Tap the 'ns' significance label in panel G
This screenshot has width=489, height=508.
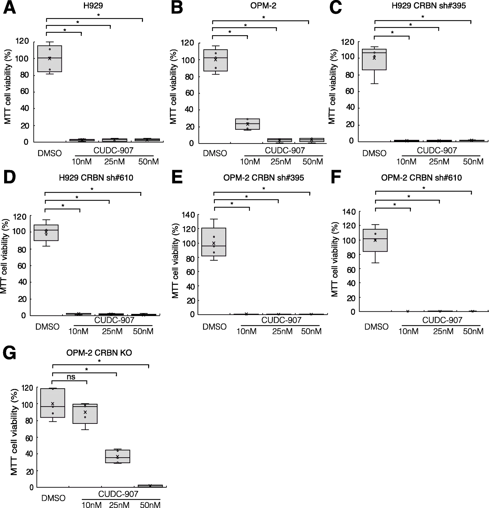tap(71, 377)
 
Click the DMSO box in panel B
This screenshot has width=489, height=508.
tap(216, 60)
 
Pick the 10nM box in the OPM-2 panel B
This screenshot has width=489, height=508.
tap(248, 124)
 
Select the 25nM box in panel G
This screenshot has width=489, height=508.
tap(117, 456)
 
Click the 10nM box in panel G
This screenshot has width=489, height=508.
tap(85, 414)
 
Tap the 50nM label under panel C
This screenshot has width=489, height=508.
tap(473, 161)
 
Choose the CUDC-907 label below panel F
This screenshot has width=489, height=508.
tap(442, 320)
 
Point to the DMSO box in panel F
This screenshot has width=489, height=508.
tap(375, 240)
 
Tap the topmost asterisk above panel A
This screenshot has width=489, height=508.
tap(98, 15)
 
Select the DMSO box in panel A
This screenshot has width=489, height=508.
tap(50, 59)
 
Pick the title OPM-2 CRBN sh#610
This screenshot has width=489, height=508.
tap(421, 178)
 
